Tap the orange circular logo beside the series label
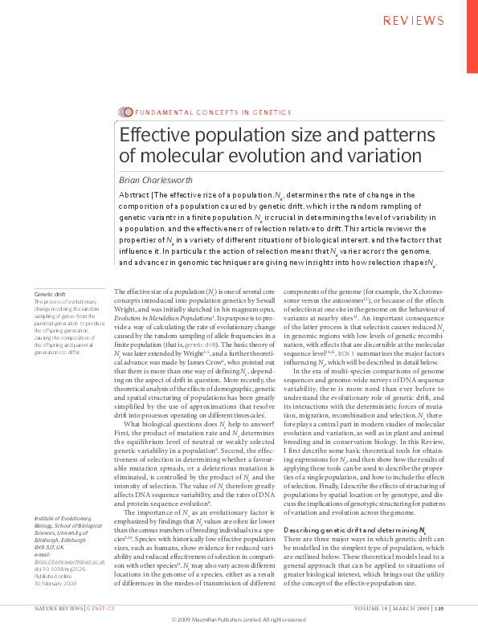point(126,112)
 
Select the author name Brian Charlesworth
point(157,180)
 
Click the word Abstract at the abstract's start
point(134,194)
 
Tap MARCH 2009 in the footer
point(405,610)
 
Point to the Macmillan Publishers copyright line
point(239,621)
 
